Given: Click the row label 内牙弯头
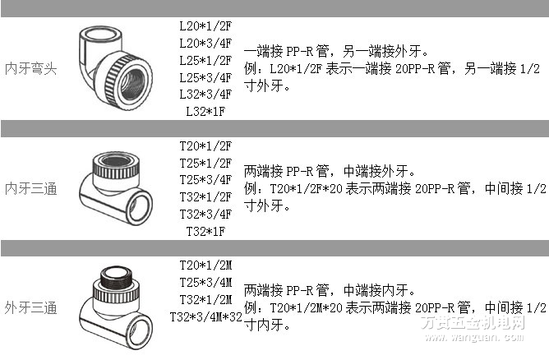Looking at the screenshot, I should point(30,68).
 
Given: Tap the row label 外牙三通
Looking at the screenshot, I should point(30,309).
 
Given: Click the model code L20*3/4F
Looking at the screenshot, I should point(205,43).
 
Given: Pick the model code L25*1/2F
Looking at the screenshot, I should point(205,60).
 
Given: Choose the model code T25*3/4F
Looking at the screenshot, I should point(205,180).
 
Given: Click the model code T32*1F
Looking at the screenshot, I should point(205,232).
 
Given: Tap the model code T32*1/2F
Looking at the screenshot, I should point(205,197).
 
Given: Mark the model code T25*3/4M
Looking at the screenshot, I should point(205,283).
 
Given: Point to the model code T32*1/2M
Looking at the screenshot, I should point(205,300).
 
